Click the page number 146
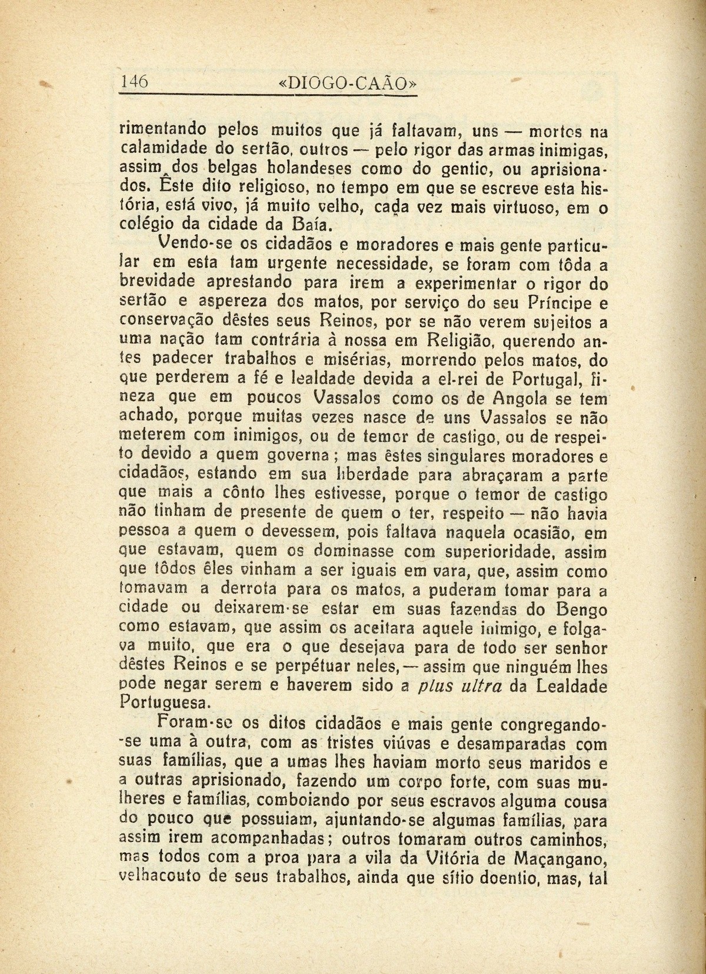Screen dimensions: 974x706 click(134, 82)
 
